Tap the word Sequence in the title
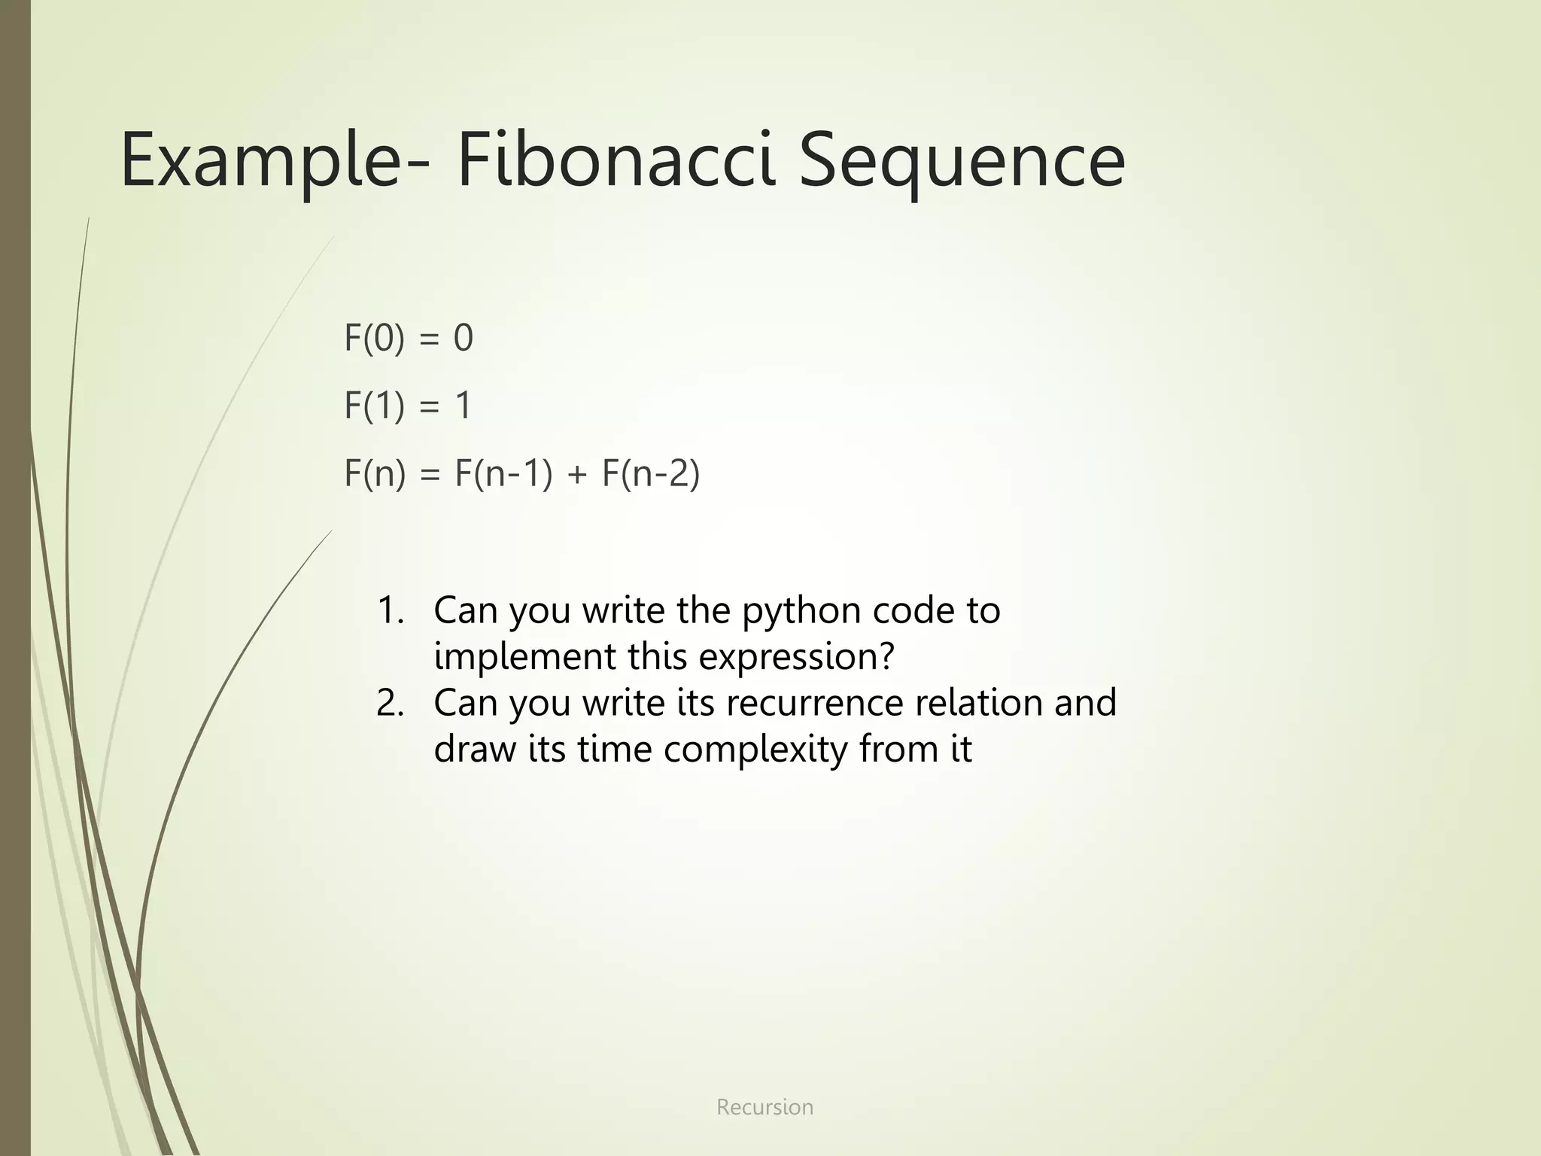point(961,160)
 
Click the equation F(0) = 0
point(409,337)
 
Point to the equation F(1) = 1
point(408,405)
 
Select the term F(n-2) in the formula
point(651,473)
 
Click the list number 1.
point(390,610)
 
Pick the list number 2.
point(390,702)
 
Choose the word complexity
point(755,750)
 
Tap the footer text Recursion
point(764,1107)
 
